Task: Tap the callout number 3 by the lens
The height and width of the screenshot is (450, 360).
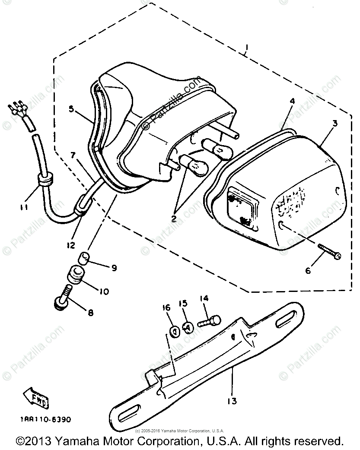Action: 335,124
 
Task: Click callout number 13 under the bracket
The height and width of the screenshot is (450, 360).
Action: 232,401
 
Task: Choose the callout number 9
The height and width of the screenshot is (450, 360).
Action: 114,268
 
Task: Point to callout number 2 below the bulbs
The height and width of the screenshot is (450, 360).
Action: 174,219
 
